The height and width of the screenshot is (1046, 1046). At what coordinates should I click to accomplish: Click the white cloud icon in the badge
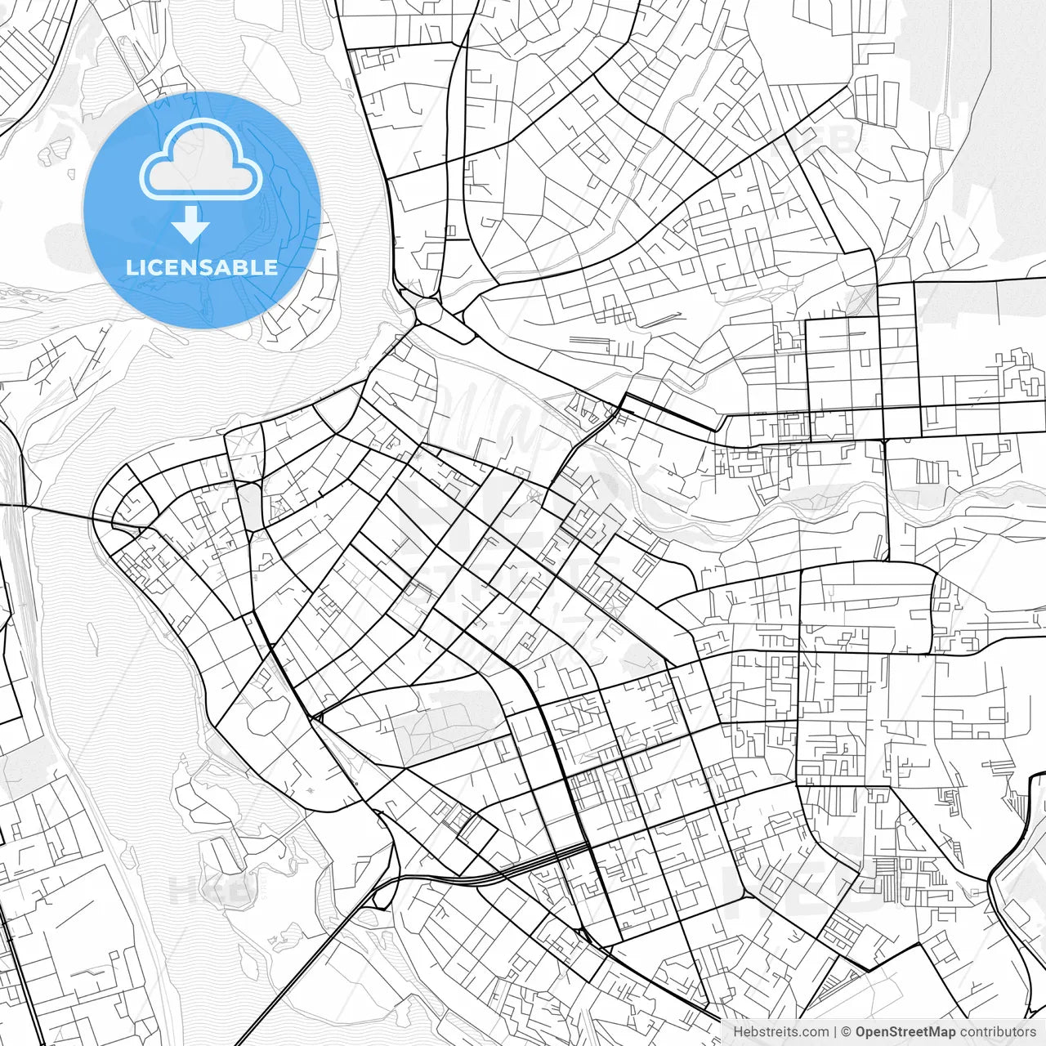[x=201, y=159]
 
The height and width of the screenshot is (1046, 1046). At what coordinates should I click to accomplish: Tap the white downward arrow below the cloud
[x=191, y=225]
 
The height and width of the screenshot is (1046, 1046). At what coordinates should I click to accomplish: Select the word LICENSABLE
[x=201, y=267]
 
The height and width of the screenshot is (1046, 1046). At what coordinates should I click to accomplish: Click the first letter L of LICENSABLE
[x=130, y=267]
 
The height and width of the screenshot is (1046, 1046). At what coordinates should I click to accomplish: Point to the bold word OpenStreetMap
[x=905, y=1032]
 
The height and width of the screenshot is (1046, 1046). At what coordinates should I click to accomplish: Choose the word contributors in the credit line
[x=998, y=1032]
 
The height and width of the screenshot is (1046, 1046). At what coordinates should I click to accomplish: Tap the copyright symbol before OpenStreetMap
[x=847, y=1032]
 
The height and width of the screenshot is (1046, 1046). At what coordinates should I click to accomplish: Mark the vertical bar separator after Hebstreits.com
[x=835, y=1032]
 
